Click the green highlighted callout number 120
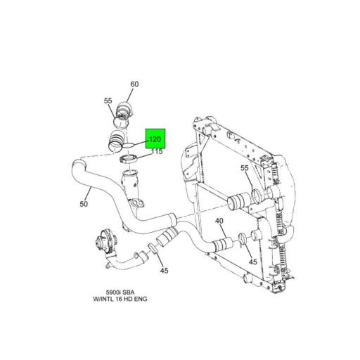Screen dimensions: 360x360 click(x=155, y=139)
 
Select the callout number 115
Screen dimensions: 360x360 click(x=157, y=151)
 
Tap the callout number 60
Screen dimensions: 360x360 click(x=134, y=84)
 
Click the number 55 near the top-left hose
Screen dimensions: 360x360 click(x=108, y=101)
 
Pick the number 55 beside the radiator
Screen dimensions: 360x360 click(x=245, y=168)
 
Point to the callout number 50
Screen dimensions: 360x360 click(x=84, y=204)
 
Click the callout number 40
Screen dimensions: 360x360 click(x=219, y=221)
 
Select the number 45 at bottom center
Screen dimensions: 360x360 click(x=164, y=271)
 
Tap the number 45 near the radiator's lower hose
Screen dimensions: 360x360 click(x=252, y=262)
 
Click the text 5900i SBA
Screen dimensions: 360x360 click(x=120, y=292)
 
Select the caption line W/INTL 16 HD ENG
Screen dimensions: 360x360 click(x=120, y=299)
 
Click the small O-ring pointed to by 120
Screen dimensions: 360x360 click(x=129, y=146)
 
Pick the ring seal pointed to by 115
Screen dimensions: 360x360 click(x=128, y=160)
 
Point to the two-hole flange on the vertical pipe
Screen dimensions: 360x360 click(x=136, y=202)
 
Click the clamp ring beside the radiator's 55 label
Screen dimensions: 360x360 click(x=256, y=196)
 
